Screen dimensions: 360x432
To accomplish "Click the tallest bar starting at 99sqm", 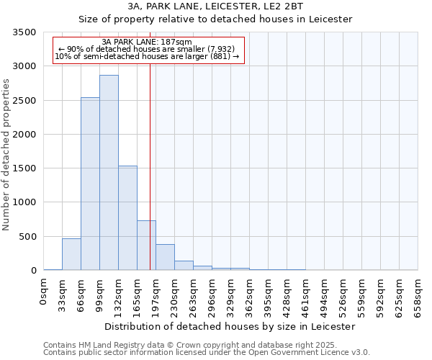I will (109, 173).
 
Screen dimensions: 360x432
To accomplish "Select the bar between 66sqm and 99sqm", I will (90, 184).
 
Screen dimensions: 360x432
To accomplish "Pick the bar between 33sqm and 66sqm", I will (71, 254).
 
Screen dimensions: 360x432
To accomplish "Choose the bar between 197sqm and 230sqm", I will (165, 257).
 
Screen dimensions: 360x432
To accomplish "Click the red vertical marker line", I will (150, 158).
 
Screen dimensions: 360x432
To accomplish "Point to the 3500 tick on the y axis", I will (25, 33).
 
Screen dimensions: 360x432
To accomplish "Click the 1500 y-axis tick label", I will (25, 168).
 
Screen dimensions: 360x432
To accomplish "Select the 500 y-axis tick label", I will (28, 237).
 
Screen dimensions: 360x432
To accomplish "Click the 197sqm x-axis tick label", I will (156, 296).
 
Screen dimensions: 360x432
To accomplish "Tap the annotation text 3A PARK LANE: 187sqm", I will (147, 42).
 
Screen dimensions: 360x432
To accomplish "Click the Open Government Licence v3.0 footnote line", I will (207, 353).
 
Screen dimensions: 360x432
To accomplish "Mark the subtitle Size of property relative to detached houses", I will (215, 19).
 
